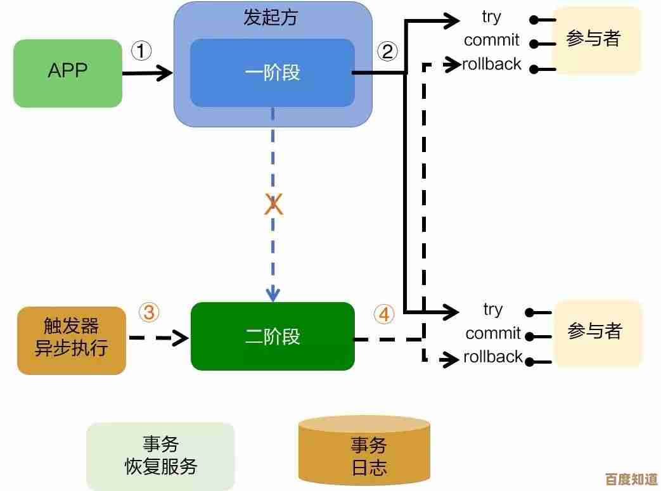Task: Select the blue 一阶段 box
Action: tap(272, 73)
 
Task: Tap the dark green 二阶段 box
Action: tap(273, 336)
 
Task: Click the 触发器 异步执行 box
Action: tap(71, 340)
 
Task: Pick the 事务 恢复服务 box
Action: tap(160, 456)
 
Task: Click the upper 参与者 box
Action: tap(596, 40)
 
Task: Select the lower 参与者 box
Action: tap(598, 332)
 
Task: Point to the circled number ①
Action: tap(141, 51)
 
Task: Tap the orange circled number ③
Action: tap(149, 312)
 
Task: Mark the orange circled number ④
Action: tap(383, 314)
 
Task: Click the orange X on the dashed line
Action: tap(273, 205)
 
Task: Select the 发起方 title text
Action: tap(271, 17)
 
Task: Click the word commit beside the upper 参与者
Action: tap(491, 41)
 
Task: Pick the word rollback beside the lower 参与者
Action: tap(493, 357)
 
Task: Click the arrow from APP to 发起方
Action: tap(147, 73)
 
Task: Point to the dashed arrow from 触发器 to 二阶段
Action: tap(158, 338)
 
